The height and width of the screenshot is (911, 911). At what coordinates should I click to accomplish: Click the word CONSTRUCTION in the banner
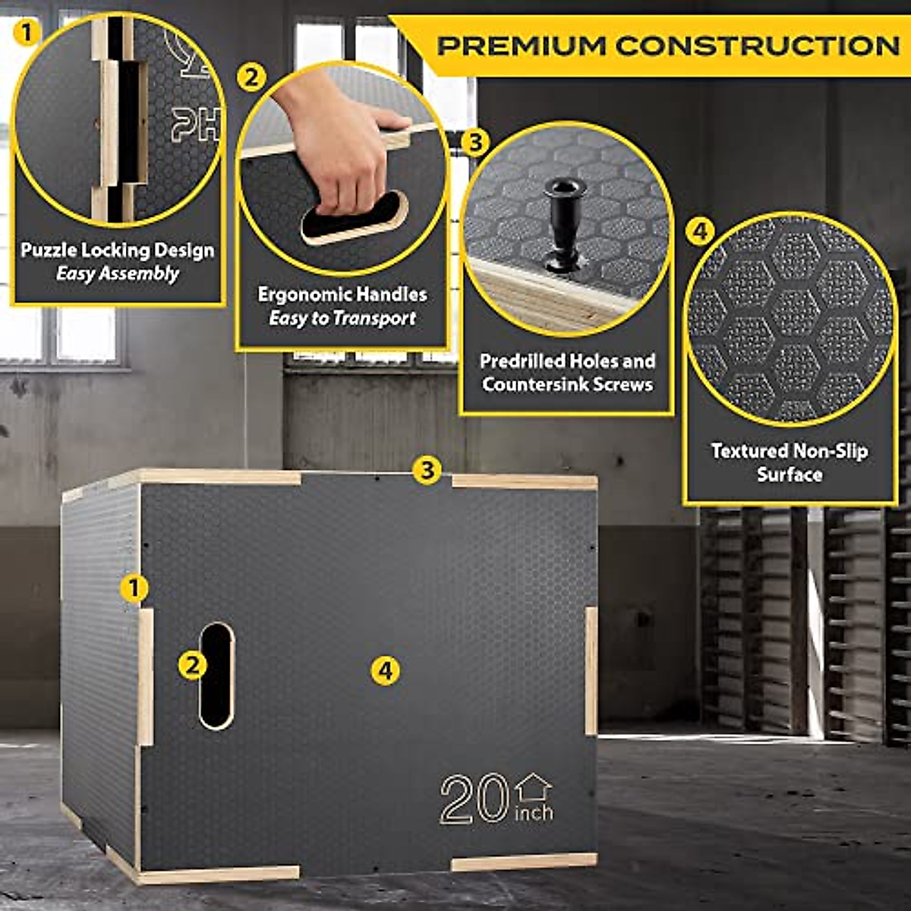[x=757, y=46]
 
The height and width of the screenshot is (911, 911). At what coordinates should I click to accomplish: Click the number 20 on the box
[x=474, y=799]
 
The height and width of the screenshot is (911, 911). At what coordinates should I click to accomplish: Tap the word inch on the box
[x=534, y=813]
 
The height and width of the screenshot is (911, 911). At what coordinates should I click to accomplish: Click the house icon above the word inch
[x=534, y=787]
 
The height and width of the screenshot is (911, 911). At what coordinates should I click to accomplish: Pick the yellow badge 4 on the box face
[x=386, y=670]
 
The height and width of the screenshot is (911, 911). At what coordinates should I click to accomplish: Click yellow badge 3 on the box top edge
[x=427, y=470]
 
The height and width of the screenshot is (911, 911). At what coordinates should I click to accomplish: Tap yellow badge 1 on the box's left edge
[x=135, y=588]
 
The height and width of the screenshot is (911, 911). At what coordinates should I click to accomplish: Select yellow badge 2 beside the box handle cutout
[x=192, y=665]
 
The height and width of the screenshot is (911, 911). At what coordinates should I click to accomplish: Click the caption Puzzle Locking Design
[x=118, y=250]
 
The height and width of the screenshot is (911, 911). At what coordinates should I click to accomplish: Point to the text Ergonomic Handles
[x=342, y=295]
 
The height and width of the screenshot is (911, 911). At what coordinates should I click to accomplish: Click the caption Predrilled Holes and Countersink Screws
[x=567, y=372]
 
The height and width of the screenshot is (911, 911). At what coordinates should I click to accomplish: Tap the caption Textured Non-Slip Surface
[x=790, y=462]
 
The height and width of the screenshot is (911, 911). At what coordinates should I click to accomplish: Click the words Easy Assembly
[x=118, y=273]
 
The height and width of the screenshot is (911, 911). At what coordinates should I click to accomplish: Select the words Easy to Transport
[x=342, y=318]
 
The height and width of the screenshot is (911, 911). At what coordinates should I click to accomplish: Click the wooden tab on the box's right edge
[x=591, y=670]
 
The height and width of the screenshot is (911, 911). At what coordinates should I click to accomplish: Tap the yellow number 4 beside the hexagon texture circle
[x=700, y=232]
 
